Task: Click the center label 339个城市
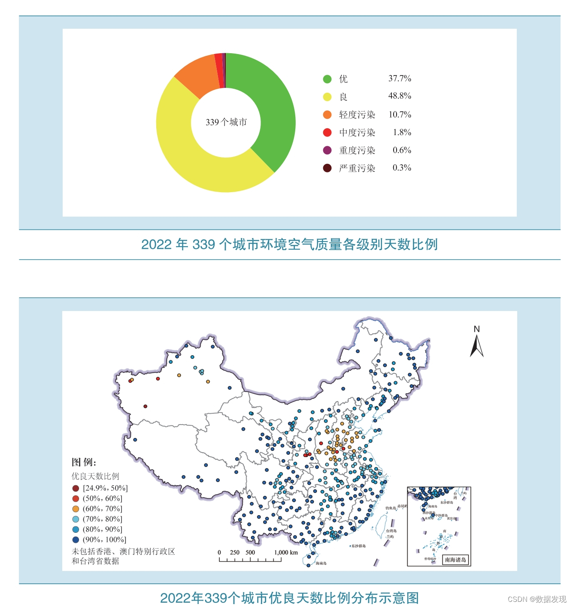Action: (x=226, y=122)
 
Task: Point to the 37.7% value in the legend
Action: (x=400, y=79)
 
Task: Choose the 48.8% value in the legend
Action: (x=400, y=96)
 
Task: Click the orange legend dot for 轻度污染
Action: (x=327, y=115)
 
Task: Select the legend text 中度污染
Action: (x=357, y=133)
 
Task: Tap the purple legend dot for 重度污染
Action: (x=327, y=150)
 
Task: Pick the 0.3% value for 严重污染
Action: (x=402, y=168)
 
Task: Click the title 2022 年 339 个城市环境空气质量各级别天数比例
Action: (x=289, y=245)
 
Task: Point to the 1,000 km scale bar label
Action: (x=286, y=553)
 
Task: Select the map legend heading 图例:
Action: (x=84, y=462)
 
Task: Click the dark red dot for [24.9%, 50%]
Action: (x=76, y=488)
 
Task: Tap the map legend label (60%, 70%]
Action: (x=103, y=509)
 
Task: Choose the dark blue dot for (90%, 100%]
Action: (x=76, y=540)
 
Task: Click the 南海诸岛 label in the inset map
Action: (x=455, y=559)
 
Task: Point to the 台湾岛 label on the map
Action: (x=391, y=531)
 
